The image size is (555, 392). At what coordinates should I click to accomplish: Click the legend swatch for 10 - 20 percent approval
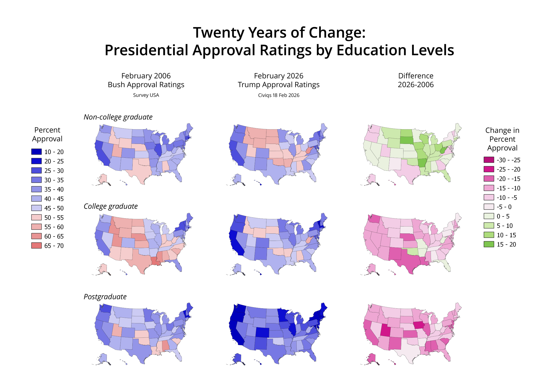[x=36, y=152]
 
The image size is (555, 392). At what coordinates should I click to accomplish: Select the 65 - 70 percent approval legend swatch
[x=36, y=245]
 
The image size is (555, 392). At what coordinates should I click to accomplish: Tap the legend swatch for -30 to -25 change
[x=489, y=160]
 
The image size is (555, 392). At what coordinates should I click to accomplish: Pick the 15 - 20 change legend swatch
[x=489, y=244]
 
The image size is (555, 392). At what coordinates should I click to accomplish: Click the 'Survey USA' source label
[x=146, y=95]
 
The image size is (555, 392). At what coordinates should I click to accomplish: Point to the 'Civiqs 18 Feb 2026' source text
[x=279, y=95]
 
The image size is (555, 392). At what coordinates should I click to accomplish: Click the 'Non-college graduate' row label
[x=118, y=117]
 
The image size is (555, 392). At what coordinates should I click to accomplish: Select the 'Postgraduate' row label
[x=105, y=297]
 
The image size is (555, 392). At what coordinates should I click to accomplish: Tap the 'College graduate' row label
[x=110, y=206]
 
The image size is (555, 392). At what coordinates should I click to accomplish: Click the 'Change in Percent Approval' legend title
[x=502, y=139]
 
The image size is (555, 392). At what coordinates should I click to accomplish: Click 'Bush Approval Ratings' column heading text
[x=146, y=85]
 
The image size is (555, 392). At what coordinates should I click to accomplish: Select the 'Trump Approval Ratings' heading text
[x=279, y=85]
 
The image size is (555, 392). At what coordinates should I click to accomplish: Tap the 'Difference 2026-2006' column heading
[x=415, y=80]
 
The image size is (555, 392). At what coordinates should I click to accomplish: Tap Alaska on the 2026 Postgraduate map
[x=238, y=358]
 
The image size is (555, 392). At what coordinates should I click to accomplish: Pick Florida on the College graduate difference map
[x=447, y=266]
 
